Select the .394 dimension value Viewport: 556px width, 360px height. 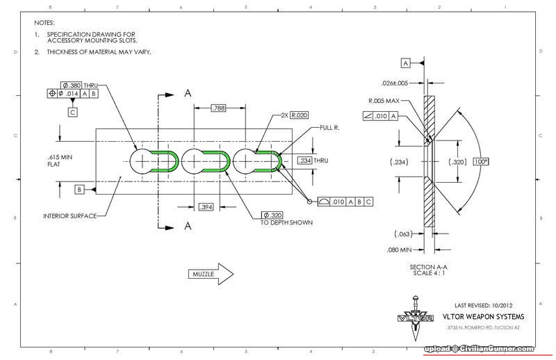coord(206,207)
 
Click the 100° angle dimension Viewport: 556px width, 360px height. coord(481,161)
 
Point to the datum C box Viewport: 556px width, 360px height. coord(72,111)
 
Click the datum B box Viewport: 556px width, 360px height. coord(80,188)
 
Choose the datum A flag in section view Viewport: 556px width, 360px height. coord(406,63)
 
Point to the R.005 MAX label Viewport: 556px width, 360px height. coord(384,100)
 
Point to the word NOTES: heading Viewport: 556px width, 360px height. coord(44,23)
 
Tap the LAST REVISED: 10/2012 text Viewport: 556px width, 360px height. coord(484,305)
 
